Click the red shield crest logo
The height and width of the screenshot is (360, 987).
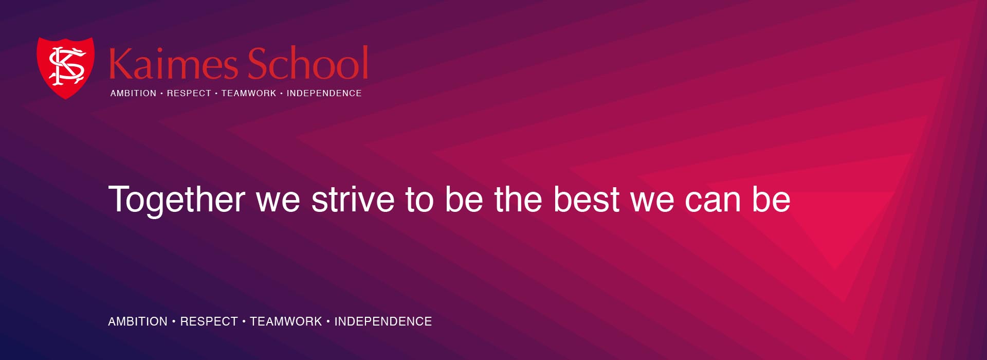(66, 67)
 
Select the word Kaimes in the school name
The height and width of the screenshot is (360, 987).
(173, 63)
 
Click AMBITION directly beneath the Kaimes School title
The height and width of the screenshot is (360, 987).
(133, 93)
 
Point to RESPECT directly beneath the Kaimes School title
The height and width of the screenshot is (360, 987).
(189, 93)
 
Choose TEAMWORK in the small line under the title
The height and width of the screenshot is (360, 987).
(249, 93)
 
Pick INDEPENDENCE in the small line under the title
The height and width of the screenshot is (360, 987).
(324, 93)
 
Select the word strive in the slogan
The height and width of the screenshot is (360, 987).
(353, 199)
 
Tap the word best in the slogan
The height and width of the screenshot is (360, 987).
(587, 199)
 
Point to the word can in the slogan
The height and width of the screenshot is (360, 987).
(712, 202)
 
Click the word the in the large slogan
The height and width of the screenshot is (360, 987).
(518, 199)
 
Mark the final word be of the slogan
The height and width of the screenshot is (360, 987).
(771, 199)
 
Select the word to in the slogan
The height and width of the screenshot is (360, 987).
(419, 200)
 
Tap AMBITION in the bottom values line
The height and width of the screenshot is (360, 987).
(138, 321)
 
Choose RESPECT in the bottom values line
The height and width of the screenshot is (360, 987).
(209, 321)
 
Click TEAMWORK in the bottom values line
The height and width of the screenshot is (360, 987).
(286, 321)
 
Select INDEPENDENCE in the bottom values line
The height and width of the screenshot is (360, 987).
(383, 321)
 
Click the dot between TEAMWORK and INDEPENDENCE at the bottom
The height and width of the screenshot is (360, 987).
(328, 321)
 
